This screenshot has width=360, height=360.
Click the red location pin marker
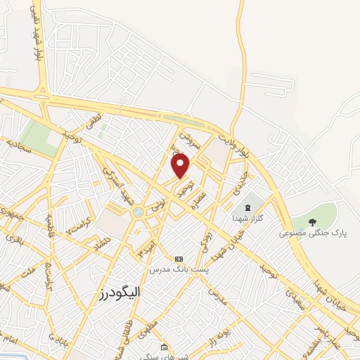pyautogui.click(x=181, y=166)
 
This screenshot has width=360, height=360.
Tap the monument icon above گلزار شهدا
pyautogui.click(x=247, y=207)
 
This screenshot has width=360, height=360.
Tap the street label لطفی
pyautogui.click(x=94, y=121)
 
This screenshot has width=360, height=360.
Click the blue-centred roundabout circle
pyautogui.click(x=138, y=212)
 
